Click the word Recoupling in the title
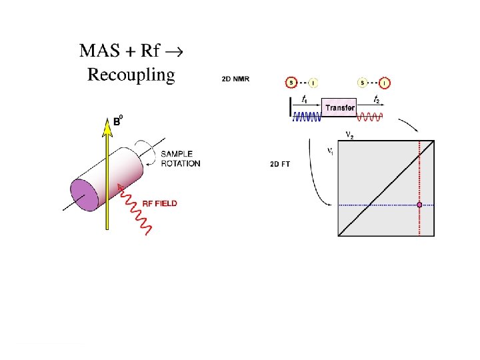(x=131, y=74)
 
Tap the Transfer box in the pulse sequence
(x=339, y=107)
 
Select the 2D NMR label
(x=236, y=79)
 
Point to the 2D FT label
(x=281, y=163)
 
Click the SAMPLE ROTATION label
(x=180, y=159)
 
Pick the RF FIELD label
(x=160, y=203)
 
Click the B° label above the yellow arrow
(x=117, y=121)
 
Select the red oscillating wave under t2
(x=371, y=118)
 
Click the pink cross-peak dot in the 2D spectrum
(x=419, y=205)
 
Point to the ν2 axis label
(x=349, y=135)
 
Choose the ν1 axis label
(x=330, y=151)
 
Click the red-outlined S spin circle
(x=291, y=83)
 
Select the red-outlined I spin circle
(x=385, y=83)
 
